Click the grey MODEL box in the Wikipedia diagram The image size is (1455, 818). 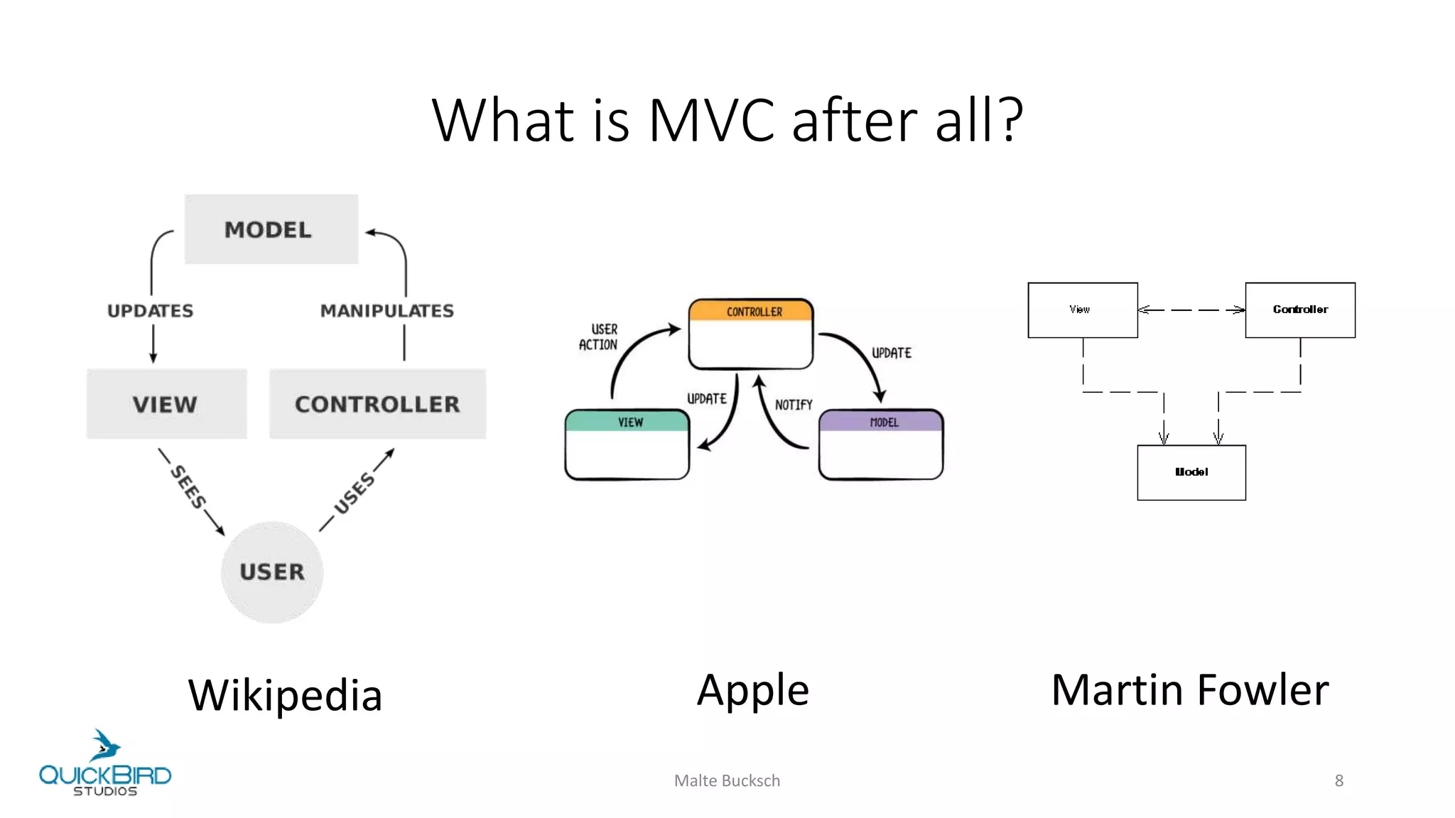(271, 229)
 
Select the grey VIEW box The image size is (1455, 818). (166, 404)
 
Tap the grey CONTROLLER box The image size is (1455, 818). (377, 404)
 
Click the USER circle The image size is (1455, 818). (272, 572)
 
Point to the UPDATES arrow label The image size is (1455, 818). (150, 311)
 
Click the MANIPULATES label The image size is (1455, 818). (386, 311)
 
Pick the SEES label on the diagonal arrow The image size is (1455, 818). (189, 487)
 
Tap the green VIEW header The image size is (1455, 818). (628, 422)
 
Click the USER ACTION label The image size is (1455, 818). (599, 337)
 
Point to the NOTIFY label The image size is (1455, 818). (794, 405)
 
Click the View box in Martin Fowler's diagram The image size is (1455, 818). (1082, 310)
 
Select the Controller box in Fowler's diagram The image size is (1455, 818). (1300, 310)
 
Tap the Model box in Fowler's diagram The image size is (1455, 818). (1191, 472)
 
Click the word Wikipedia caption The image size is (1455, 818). (285, 694)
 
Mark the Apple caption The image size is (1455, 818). (752, 689)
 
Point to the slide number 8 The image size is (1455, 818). (1338, 780)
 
